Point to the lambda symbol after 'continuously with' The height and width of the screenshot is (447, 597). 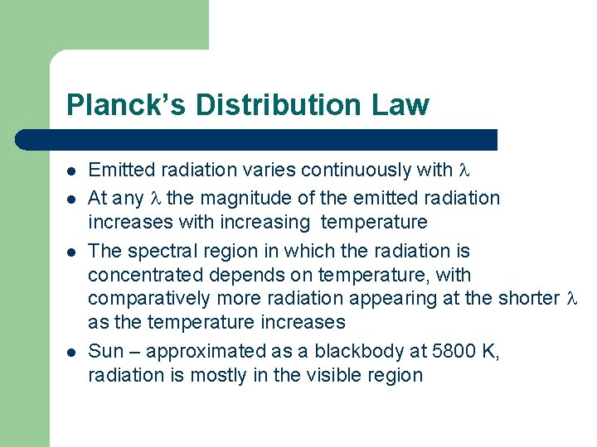pos(464,171)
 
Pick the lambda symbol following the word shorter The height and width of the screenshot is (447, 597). pos(570,299)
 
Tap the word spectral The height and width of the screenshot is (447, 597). pos(155,251)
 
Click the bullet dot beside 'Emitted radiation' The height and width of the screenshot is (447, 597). pos(72,171)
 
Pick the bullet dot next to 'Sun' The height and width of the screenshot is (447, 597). pos(72,352)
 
